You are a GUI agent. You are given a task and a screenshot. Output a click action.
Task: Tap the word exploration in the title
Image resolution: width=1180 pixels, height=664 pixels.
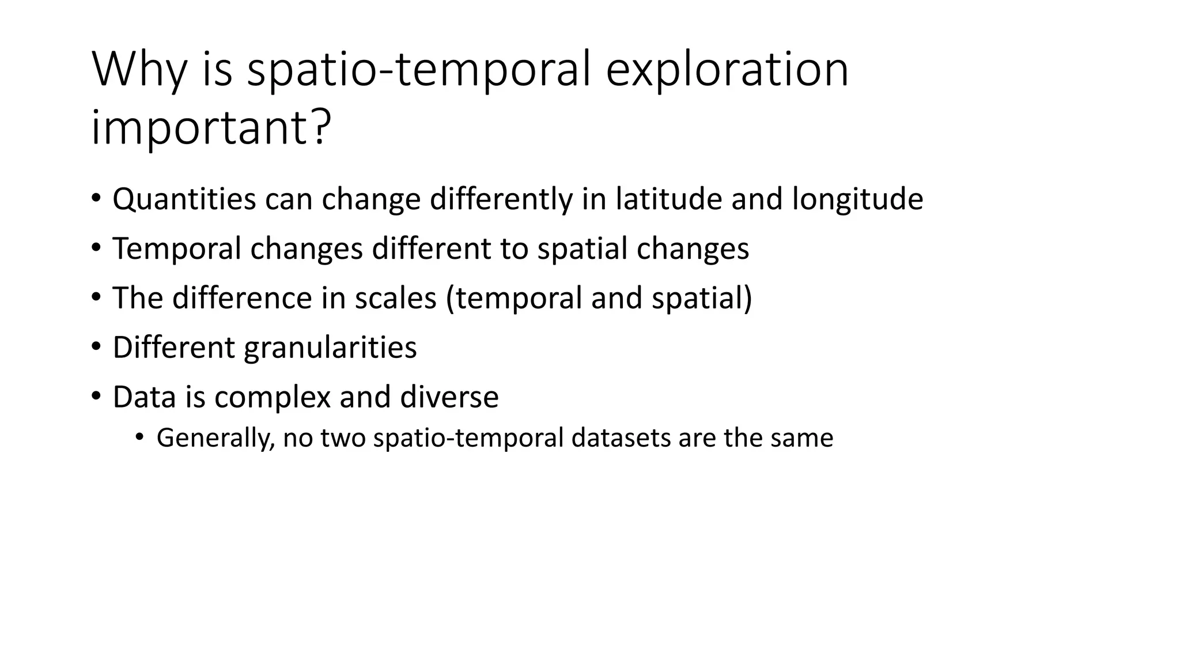click(727, 70)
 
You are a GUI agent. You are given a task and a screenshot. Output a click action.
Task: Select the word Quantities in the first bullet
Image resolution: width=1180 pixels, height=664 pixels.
click(184, 199)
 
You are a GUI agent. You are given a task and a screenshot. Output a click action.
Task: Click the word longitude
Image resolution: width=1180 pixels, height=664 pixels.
click(857, 199)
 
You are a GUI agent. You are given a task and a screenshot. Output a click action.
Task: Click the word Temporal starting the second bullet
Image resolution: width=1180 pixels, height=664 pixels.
click(176, 249)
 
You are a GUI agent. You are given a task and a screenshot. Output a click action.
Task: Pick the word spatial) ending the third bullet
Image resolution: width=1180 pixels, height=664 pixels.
click(702, 299)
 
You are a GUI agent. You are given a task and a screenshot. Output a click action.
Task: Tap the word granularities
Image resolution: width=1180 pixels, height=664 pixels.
click(330, 348)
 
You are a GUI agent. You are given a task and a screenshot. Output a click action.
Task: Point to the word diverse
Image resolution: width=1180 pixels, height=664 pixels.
click(449, 398)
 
